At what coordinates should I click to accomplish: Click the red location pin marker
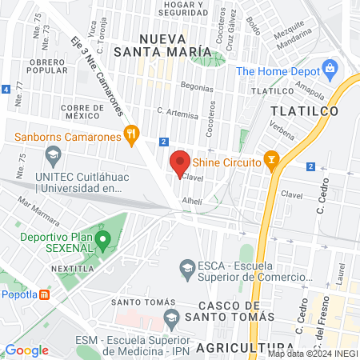coord(180,162)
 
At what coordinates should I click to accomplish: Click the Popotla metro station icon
coord(46,294)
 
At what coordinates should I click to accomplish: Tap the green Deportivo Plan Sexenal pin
coord(102,238)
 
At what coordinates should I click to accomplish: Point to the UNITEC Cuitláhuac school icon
coord(54,153)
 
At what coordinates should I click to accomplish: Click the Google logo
coord(26,350)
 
